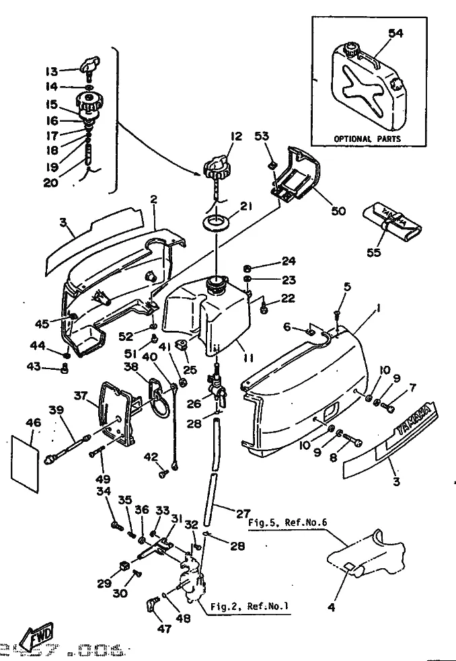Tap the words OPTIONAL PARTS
367,139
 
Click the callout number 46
33,423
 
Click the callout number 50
338,210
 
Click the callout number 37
81,397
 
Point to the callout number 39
56,410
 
